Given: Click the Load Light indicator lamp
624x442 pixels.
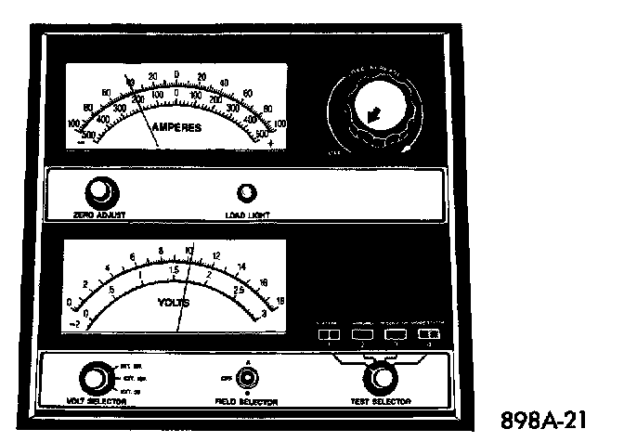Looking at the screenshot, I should pos(247,193).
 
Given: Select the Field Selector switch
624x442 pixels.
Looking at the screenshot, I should pos(247,378).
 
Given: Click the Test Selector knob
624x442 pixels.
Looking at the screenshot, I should pos(379,378).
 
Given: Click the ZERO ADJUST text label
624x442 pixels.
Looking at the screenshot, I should pos(98,214).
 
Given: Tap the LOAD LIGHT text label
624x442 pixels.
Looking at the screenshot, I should pos(247,214).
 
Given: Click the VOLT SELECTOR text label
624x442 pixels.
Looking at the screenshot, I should pos(93,402).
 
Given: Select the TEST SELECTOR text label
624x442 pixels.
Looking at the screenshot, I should pos(380,402).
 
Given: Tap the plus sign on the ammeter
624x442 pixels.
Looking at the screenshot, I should pos(271,144).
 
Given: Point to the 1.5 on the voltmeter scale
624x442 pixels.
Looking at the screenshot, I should pos(174,270).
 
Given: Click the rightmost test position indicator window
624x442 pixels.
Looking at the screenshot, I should pos(428,332).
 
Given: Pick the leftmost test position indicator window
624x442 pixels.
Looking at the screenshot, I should pos(329,332).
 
